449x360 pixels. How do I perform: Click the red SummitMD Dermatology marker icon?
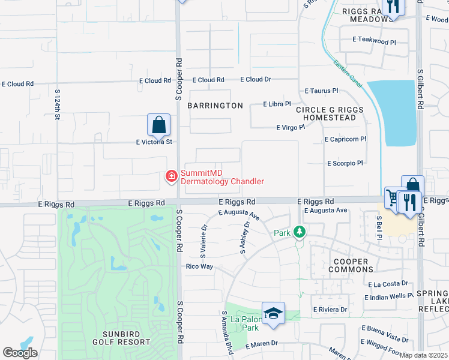click(x=171, y=176)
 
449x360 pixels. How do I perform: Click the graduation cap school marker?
click(x=273, y=314)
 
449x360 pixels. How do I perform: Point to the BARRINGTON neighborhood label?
click(x=215, y=106)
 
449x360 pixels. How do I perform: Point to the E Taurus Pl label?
click(x=321, y=91)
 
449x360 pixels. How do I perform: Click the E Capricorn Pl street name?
click(x=345, y=139)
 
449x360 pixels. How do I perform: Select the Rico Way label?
click(x=199, y=266)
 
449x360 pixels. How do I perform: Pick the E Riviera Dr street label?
click(x=330, y=310)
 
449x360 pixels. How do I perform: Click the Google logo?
click(x=20, y=353)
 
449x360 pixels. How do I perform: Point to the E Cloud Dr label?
click(x=256, y=79)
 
